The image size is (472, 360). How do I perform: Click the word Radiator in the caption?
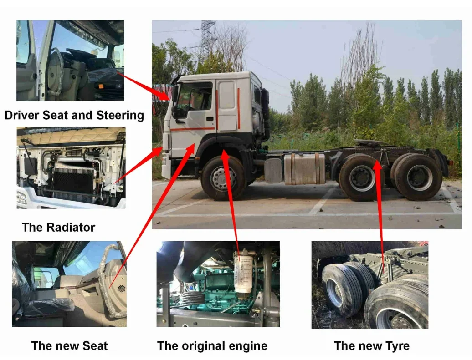pos(71,228)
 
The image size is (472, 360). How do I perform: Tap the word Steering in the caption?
pos(120,116)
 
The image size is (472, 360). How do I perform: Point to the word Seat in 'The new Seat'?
pos(95,346)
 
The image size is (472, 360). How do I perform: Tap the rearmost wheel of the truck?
pos(418,177)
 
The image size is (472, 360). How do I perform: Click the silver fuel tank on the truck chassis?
pos(304,168)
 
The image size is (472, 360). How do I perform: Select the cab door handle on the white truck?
pos(210,118)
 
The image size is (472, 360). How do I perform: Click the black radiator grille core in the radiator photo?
pos(73,181)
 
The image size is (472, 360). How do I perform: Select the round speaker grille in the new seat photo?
pos(121,289)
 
